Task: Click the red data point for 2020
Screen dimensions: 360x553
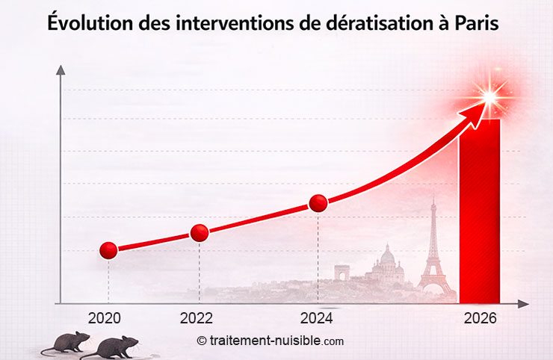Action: click(x=108, y=250)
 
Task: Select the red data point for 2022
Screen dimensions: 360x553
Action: click(x=200, y=232)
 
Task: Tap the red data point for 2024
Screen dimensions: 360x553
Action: click(x=318, y=203)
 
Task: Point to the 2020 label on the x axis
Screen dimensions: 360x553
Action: click(x=104, y=317)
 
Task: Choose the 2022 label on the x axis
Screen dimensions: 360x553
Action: click(x=197, y=317)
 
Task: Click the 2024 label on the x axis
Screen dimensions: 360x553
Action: click(x=316, y=317)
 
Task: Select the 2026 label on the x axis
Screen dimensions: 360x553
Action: click(x=479, y=317)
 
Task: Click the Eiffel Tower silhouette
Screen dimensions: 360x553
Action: click(x=433, y=250)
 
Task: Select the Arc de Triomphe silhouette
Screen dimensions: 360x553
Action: click(x=342, y=273)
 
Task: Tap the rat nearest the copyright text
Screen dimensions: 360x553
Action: click(x=111, y=347)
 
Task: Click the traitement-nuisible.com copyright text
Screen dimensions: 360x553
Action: click(x=271, y=341)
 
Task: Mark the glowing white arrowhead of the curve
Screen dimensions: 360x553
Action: click(x=489, y=96)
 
